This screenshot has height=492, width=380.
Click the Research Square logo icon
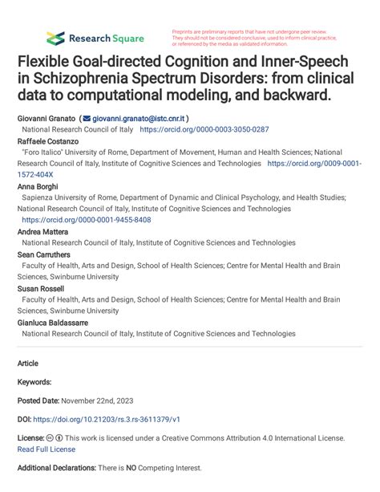click(x=55, y=38)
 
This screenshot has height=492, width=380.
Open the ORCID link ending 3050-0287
click(x=204, y=128)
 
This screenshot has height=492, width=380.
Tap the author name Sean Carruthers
click(x=43, y=254)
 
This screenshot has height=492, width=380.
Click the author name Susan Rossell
click(x=40, y=288)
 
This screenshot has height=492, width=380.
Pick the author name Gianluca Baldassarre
click(x=52, y=322)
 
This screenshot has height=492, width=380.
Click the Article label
click(x=28, y=363)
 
